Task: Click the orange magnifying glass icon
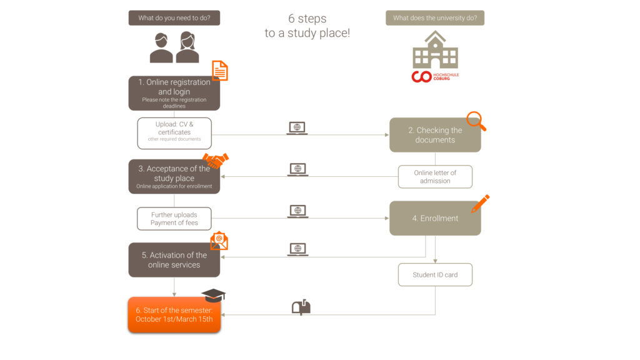tap(476, 121)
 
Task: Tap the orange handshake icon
tap(216, 161)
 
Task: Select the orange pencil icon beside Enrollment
tap(481, 204)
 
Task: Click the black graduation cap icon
tap(214, 295)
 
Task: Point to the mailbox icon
tap(301, 307)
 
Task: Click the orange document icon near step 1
tap(220, 71)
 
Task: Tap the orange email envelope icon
tap(219, 241)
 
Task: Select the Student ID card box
tap(435, 275)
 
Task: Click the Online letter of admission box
tap(435, 177)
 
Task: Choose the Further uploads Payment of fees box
tap(174, 219)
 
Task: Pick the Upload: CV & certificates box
tap(174, 133)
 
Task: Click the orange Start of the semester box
tap(174, 315)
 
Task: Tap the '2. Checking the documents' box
tap(435, 135)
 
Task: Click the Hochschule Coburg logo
tap(435, 76)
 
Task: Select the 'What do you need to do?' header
tap(174, 18)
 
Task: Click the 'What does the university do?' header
tap(435, 18)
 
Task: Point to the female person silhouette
tap(187, 47)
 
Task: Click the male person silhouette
tap(161, 47)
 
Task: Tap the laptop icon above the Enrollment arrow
tap(298, 211)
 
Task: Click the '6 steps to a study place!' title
tap(307, 25)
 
